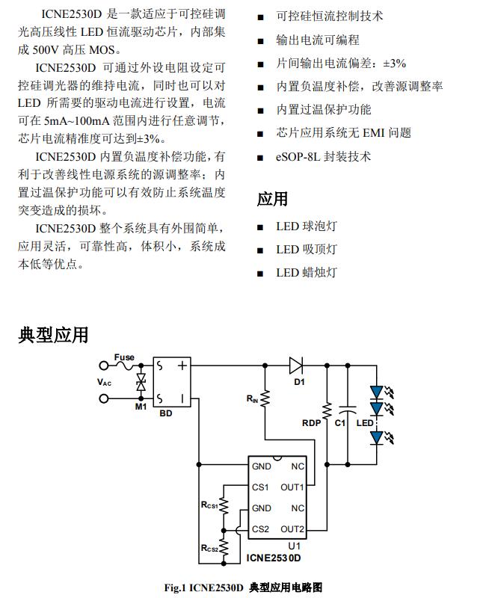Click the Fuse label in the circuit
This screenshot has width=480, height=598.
click(124, 358)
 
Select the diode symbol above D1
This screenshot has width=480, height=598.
click(296, 366)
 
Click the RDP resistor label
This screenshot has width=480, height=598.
click(310, 422)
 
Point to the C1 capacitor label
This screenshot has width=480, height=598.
click(339, 422)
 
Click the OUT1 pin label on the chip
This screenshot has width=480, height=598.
click(292, 488)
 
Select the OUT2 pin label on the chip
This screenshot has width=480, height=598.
click(292, 529)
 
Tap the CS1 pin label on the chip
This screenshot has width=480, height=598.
click(261, 488)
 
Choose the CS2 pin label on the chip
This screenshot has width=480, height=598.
click(261, 529)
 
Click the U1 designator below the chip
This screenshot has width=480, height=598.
click(293, 546)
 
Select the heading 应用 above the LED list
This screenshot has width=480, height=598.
click(272, 199)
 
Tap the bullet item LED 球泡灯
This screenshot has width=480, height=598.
click(307, 226)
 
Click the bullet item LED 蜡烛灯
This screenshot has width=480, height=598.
click(307, 272)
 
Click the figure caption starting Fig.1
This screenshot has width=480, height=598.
click(243, 588)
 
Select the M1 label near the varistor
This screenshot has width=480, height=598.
click(141, 407)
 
